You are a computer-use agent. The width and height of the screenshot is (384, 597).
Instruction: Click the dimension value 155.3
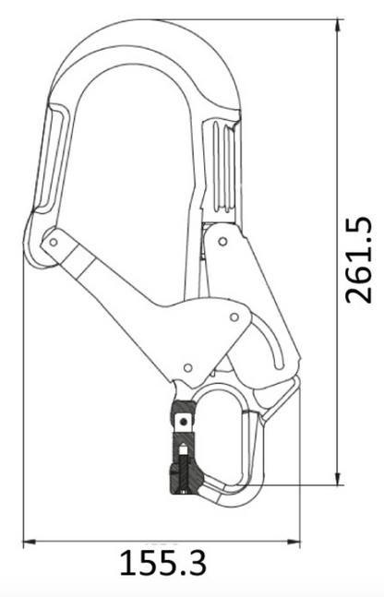click(x=163, y=561)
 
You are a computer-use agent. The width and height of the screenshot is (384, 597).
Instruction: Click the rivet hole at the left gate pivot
click(x=54, y=243)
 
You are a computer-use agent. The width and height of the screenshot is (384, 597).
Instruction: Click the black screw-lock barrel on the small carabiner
click(x=181, y=475)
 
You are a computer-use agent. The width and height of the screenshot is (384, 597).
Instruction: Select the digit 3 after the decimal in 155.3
click(x=194, y=561)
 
